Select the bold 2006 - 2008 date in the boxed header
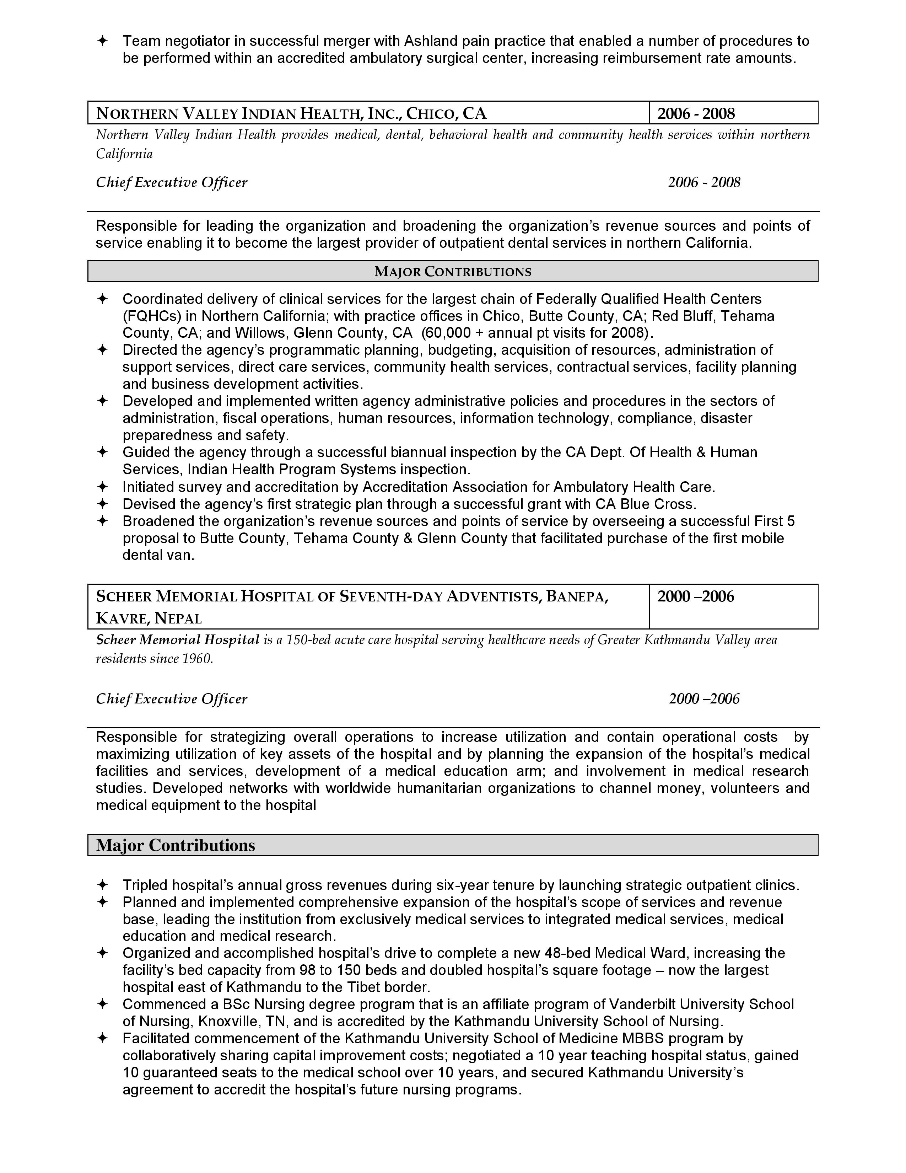pyautogui.click(x=696, y=113)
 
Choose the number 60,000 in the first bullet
pyautogui.click(x=449, y=333)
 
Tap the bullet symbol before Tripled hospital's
pyautogui.click(x=102, y=885)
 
